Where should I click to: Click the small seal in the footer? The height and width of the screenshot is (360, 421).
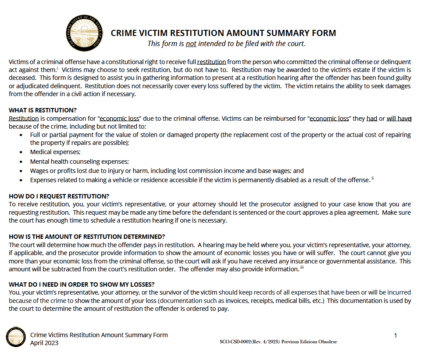[x=16, y=337]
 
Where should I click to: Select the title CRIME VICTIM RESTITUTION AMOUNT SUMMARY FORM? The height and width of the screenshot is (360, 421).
[x=223, y=33]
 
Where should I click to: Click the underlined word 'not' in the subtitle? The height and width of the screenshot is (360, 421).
[x=191, y=43]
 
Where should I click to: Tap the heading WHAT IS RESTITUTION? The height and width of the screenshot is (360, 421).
[x=42, y=110]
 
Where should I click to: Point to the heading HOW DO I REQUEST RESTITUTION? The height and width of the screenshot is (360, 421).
[x=59, y=196]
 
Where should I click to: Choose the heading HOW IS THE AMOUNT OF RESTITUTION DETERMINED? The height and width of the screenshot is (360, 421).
[x=87, y=236]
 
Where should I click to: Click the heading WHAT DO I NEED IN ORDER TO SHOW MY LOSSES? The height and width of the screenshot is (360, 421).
[x=82, y=284]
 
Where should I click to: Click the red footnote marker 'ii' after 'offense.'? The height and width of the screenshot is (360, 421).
[x=373, y=178]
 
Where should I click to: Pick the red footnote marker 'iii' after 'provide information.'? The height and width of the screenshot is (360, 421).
[x=302, y=267]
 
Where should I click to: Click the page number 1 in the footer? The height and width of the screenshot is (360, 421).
[x=396, y=336]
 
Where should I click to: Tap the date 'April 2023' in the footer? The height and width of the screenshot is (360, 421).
[x=44, y=343]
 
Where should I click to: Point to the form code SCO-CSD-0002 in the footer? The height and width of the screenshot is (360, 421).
[x=239, y=342]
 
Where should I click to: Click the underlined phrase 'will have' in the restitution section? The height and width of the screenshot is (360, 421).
[x=399, y=119]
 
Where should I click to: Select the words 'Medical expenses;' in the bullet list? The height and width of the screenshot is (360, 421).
[x=55, y=152]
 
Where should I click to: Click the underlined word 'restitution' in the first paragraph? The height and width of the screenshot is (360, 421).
[x=211, y=61]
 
